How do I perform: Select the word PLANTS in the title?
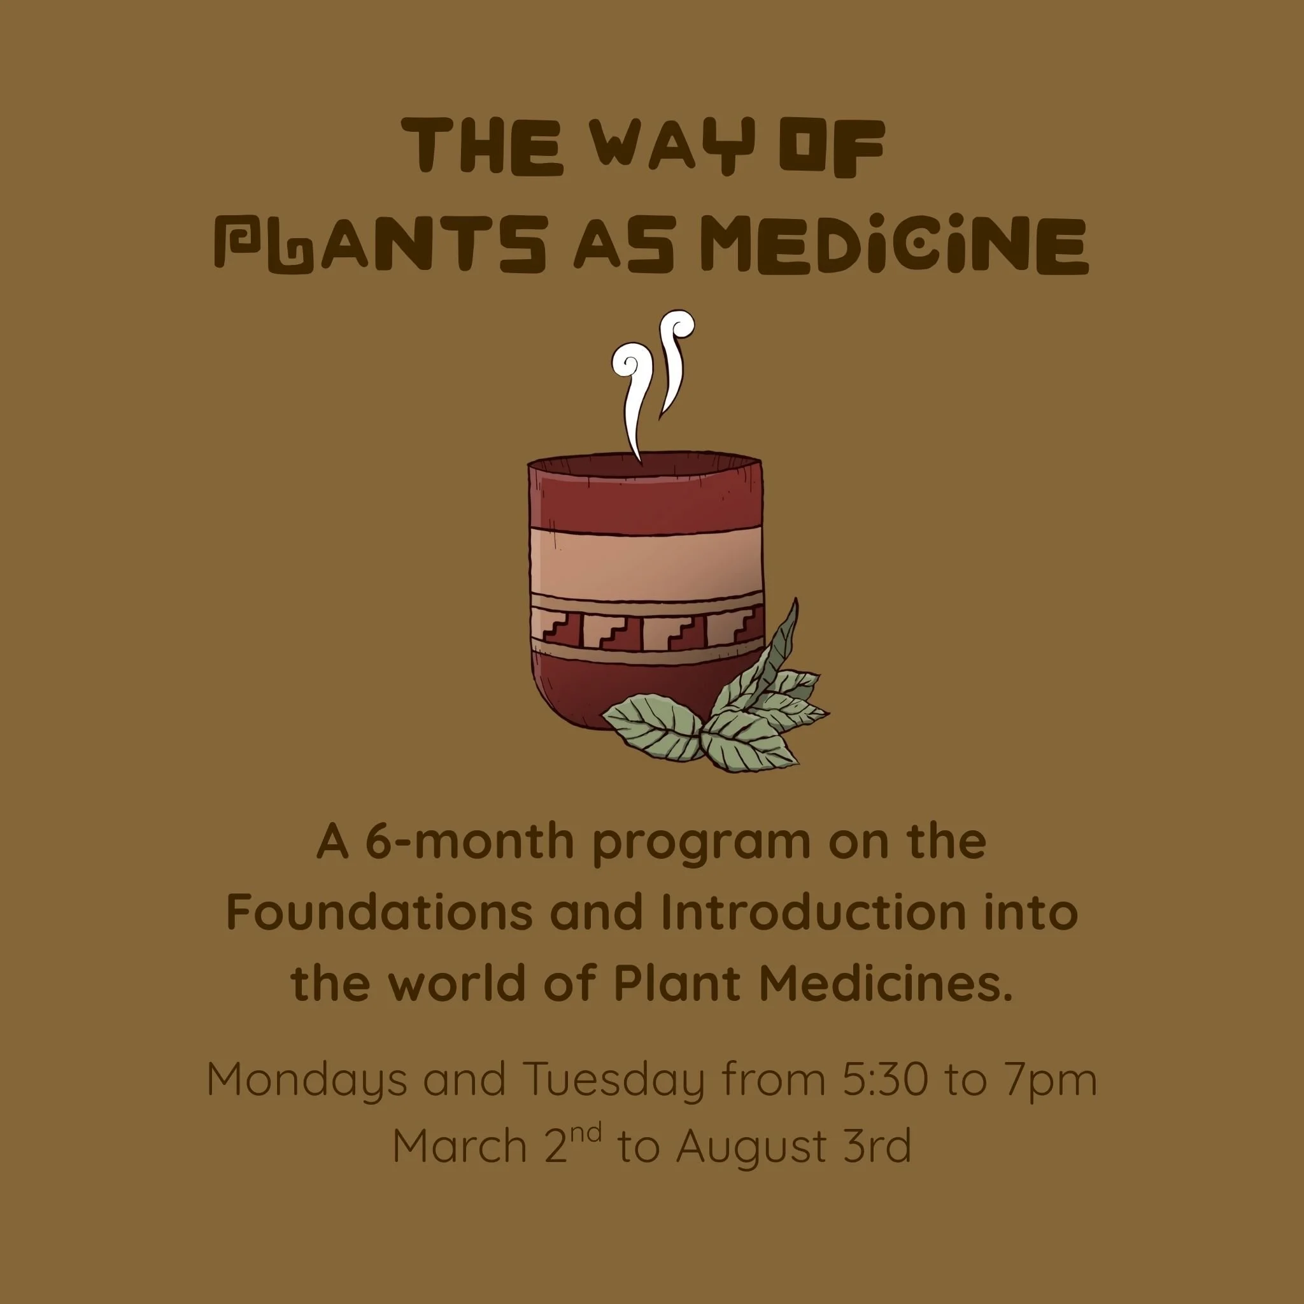379,246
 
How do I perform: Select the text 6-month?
470,842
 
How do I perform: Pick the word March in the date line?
459,1146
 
